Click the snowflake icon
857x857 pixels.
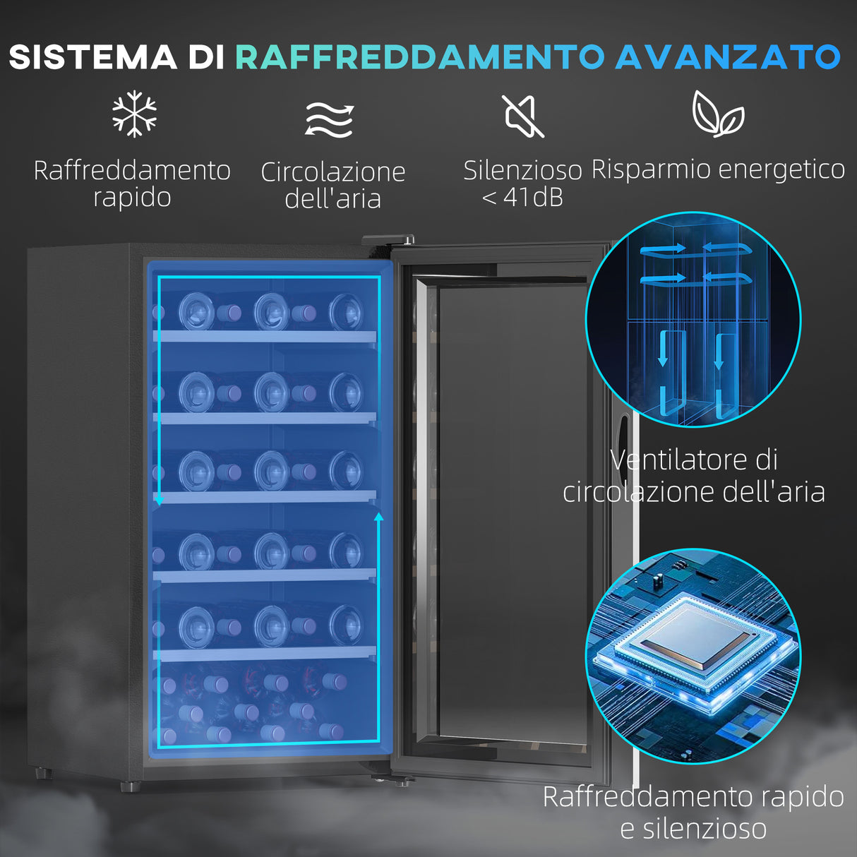pos(134,114)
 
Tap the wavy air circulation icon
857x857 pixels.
pos(330,119)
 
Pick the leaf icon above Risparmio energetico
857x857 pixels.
pos(717,114)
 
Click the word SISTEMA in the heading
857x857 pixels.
pos(92,57)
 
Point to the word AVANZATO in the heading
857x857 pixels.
pos(728,57)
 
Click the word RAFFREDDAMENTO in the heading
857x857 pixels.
pos(419,57)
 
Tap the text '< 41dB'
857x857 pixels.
pos(522,197)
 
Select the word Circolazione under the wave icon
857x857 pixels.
pos(333,172)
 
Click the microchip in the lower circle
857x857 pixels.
pos(695,639)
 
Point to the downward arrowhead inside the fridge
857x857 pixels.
pos(160,500)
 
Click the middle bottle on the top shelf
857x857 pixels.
pos(272,311)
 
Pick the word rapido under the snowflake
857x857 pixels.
pos(132,198)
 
